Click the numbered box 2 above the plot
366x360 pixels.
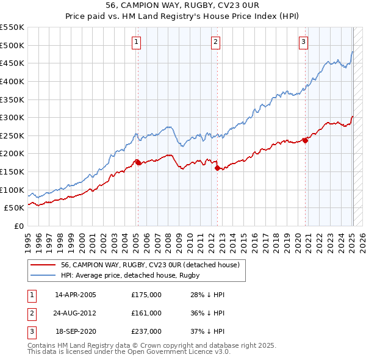tap(216, 42)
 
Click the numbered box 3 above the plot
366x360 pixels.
tap(303, 42)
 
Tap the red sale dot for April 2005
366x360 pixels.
tap(138, 162)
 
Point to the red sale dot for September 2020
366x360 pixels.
tap(305, 140)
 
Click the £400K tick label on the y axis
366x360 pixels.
tap(12, 81)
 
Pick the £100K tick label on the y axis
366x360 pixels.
tap(12, 190)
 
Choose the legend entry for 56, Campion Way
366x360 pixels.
tap(152, 265)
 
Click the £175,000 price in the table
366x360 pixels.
tap(146, 295)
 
